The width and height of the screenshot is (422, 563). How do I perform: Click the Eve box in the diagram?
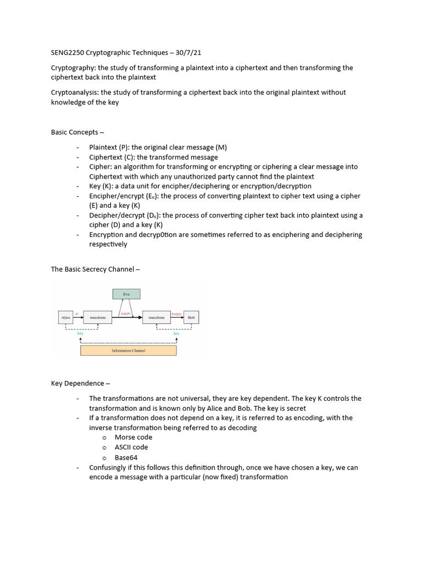[x=126, y=295]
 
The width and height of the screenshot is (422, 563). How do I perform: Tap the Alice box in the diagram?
[x=65, y=317]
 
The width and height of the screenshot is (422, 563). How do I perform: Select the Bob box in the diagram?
[x=191, y=317]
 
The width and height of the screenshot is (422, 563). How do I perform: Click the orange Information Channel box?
[x=128, y=350]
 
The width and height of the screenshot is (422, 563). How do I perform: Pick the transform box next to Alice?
[x=98, y=317]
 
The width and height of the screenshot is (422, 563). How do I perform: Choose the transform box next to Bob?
[x=157, y=317]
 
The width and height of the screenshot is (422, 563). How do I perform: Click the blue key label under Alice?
[x=80, y=334]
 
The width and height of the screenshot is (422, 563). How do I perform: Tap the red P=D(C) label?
[x=177, y=314]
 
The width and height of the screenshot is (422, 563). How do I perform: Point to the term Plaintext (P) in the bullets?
[x=108, y=147]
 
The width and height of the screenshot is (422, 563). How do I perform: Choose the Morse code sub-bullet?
[x=134, y=437]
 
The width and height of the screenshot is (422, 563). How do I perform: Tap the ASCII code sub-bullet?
[x=131, y=447]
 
